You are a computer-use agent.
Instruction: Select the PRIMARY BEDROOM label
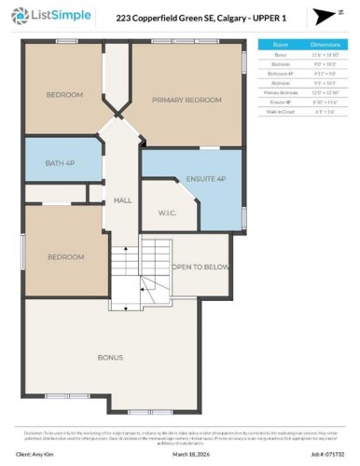(187, 101)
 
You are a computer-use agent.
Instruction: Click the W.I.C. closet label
(167, 212)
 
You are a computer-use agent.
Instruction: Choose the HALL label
(123, 199)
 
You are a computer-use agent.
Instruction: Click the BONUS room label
(110, 357)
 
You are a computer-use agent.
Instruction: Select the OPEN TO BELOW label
(200, 266)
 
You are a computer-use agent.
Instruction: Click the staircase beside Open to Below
(124, 275)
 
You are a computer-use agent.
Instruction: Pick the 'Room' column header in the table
(281, 44)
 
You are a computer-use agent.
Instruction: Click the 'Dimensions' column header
(324, 44)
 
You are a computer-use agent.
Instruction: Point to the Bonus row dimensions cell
(324, 55)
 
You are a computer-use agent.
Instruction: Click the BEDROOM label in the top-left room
(64, 95)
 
